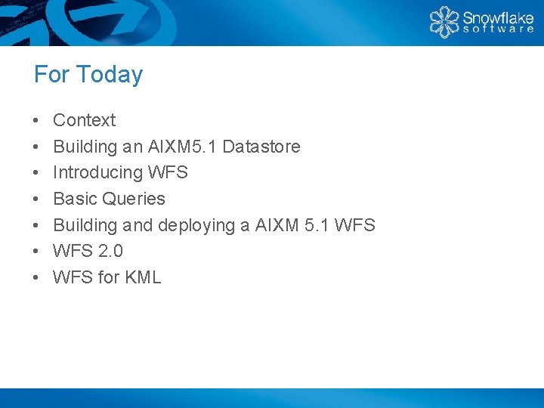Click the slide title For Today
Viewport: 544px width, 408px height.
click(x=88, y=75)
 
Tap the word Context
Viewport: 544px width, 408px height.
click(x=84, y=120)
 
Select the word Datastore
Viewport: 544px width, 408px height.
click(x=261, y=147)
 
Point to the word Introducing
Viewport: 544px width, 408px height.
click(x=98, y=172)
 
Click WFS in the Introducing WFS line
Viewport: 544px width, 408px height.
click(x=168, y=172)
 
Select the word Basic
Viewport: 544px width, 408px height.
click(x=75, y=199)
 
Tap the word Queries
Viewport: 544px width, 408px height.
click(x=134, y=199)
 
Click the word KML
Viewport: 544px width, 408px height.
click(x=143, y=277)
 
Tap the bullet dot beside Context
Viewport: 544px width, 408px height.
click(x=36, y=121)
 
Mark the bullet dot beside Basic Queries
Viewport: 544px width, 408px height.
click(x=36, y=199)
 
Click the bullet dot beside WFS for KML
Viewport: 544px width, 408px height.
click(x=36, y=278)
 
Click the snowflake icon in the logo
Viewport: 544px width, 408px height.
click(x=444, y=22)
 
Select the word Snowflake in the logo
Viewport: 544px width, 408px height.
click(x=498, y=17)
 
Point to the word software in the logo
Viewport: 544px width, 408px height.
click(x=498, y=30)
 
